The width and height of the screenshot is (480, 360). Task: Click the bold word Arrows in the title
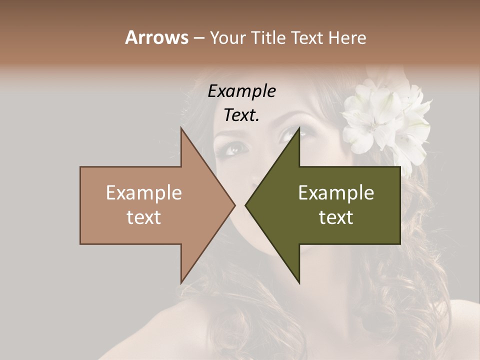pos(156,37)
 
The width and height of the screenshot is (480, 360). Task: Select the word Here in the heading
pos(347,37)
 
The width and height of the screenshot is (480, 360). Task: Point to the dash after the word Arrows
pos(198,38)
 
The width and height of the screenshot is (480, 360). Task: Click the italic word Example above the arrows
pos(241,91)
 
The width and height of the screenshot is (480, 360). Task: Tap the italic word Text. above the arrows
pos(241,115)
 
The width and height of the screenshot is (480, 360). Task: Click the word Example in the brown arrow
pos(143,193)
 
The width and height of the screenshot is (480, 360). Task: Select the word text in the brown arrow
pos(143,217)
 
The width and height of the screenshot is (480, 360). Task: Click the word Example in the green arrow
pos(336,193)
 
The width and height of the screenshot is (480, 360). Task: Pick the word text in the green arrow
pos(336,217)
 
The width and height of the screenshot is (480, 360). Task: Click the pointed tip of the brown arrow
pos(234,205)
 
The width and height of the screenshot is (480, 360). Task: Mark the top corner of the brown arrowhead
pos(181,128)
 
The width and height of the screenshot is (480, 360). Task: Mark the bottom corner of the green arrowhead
pos(299,283)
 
